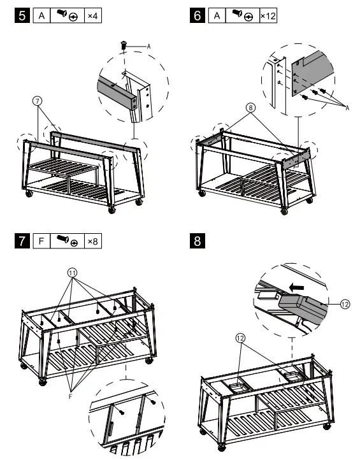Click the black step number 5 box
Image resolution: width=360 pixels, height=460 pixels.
pos(22,15)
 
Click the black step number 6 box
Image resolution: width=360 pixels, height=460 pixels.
pos(198,15)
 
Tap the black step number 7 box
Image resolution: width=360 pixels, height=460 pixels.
pos(22,241)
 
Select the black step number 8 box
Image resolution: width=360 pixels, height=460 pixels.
pos(198,241)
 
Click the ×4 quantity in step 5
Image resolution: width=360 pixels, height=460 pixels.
pos(93,15)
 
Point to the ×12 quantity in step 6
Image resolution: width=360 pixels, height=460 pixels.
pos(268,15)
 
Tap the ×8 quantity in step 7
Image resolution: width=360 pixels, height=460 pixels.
pos(93,241)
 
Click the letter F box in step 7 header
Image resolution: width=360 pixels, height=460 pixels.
pos(41,241)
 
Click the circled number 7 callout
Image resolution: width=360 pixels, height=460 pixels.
pos(37,101)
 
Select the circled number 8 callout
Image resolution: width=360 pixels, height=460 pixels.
pos(250,108)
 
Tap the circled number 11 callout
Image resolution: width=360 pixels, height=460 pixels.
pos(73,273)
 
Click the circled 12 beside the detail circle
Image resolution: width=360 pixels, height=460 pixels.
pos(345,304)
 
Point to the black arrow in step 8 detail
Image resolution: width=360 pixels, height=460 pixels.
pos(296,288)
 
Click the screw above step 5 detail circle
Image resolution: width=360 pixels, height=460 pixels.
pos(124,45)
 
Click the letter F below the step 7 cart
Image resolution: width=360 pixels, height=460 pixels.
pos(70,397)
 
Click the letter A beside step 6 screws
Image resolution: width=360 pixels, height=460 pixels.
pos(347,108)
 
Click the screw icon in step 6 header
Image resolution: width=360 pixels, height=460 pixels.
pos(237,13)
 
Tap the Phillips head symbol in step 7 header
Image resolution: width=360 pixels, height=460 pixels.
pos(75,243)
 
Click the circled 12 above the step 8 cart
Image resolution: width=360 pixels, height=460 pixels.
pos(240,338)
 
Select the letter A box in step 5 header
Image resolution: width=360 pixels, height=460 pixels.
pos(41,15)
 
